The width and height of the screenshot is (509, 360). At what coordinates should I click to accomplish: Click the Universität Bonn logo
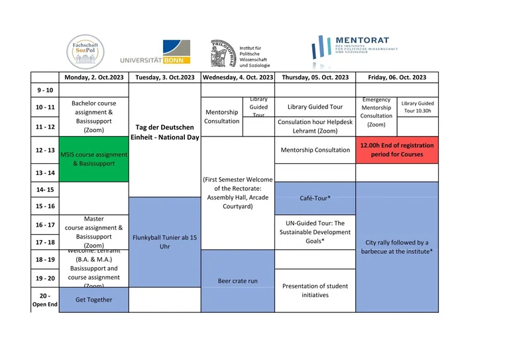156,53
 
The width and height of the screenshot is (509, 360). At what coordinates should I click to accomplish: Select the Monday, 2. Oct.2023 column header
93,77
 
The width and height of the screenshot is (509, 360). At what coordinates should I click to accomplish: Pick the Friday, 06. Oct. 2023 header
397,77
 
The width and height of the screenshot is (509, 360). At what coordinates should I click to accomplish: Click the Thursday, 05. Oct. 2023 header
315,77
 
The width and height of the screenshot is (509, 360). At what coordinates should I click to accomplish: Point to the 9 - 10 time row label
45,90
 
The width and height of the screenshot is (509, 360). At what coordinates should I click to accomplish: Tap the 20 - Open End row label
45,300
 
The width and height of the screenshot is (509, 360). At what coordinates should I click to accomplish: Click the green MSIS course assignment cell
93,159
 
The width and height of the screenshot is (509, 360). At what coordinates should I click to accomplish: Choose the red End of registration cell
397,150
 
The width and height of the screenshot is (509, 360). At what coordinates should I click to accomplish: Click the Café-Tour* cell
315,198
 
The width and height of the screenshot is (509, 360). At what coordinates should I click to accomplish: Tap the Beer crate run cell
237,280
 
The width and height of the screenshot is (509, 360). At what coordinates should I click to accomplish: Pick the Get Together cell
93,300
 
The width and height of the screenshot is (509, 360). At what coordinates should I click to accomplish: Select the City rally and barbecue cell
397,247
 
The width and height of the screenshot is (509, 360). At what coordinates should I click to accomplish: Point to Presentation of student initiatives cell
315,290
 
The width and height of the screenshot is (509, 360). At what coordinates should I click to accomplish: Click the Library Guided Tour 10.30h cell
418,107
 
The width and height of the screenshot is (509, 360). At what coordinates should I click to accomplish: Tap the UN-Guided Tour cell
315,232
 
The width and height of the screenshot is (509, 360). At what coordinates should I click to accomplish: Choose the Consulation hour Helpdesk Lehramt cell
315,127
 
